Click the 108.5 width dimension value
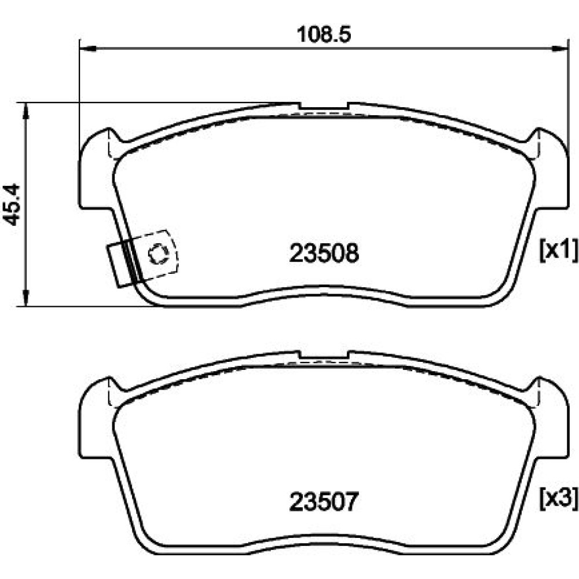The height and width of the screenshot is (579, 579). pos(324,35)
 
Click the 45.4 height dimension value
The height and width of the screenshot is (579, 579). pos(12,204)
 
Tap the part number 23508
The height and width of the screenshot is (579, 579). pos(324,254)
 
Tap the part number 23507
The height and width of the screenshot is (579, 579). pos(324,502)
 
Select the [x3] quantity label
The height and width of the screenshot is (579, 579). pos(558,499)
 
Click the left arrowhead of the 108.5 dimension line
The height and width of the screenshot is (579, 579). pos(88,48)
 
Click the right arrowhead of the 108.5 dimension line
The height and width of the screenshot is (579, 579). pos(559,48)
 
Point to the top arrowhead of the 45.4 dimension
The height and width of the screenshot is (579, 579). pos(25,111)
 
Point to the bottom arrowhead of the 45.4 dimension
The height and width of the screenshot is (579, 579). pos(25,298)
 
